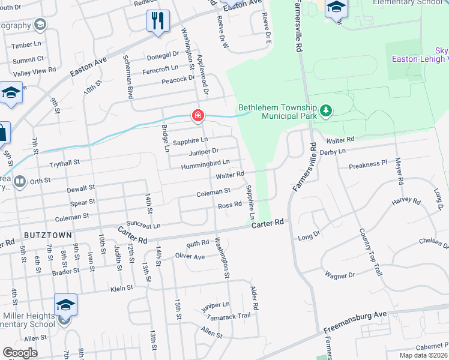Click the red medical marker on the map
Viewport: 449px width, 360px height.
(x=197, y=115)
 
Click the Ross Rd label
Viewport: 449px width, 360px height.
(x=229, y=205)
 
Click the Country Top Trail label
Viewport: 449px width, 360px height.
(x=371, y=251)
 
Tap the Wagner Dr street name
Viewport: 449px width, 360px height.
(x=340, y=275)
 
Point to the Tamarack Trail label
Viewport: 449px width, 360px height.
(x=227, y=316)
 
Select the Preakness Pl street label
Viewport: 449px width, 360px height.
(x=369, y=164)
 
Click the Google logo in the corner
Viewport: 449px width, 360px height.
(x=20, y=353)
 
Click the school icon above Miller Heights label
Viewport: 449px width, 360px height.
(x=66, y=305)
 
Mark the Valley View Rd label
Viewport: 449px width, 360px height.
(x=35, y=71)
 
